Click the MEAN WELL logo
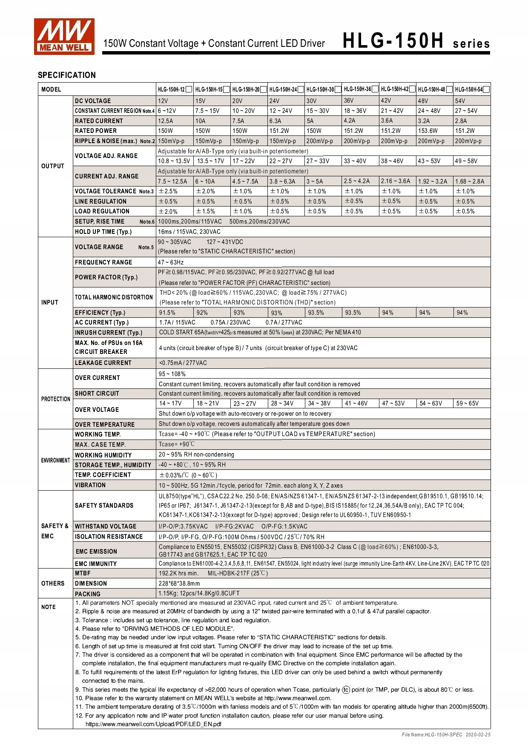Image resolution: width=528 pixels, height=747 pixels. tap(64, 37)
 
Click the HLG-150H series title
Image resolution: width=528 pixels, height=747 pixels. tap(416, 42)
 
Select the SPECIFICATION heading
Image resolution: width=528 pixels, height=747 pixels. tap(67, 75)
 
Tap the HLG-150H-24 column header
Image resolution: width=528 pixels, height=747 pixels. tap(283, 89)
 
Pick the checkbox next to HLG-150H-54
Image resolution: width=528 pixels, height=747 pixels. tap(486, 89)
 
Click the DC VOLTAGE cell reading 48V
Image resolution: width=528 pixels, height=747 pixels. tap(423, 101)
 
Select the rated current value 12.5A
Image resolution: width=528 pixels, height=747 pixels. tap(166, 121)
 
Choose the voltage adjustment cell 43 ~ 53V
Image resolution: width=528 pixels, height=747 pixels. tap(429, 161)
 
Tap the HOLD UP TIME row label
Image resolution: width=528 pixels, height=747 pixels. tap(103, 232)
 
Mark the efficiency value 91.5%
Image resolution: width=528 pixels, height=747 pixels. tap(167, 313)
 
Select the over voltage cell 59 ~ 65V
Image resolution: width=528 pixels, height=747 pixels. tap(467, 403)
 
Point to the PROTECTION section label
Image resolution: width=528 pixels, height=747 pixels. tap(55, 399)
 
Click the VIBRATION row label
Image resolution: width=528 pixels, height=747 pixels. tap(90, 485)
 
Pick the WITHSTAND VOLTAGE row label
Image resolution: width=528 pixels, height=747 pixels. tap(105, 526)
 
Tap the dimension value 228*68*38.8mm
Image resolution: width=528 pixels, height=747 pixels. tap(179, 583)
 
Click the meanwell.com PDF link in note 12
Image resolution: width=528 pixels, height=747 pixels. tap(153, 724)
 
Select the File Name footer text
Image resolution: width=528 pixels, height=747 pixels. tap(446, 735)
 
